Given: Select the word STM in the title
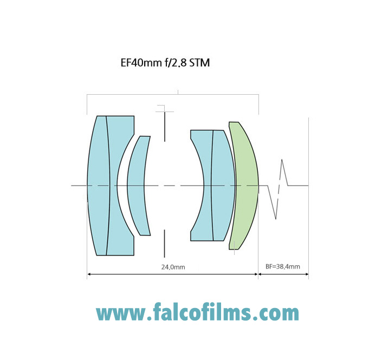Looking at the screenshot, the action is (x=199, y=63).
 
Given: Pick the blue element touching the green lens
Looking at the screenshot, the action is (x=223, y=186).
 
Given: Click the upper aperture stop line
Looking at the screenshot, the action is (x=165, y=127).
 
